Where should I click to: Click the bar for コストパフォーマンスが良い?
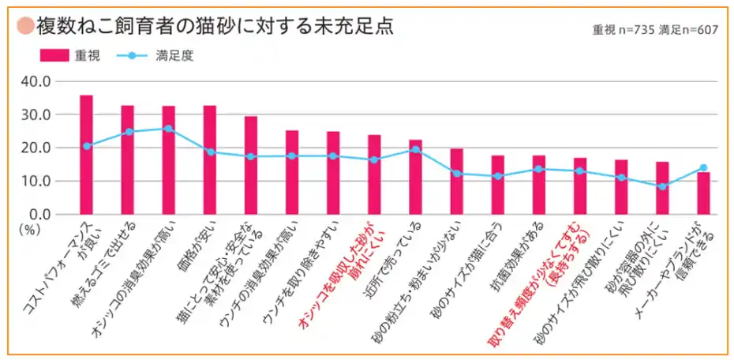pyautogui.click(x=86, y=155)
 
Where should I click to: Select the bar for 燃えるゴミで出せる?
pyautogui.click(x=127, y=159)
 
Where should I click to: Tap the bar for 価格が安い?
pyautogui.click(x=209, y=159)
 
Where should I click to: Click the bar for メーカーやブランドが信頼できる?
pyautogui.click(x=703, y=193)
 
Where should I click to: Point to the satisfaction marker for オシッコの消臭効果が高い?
pyautogui.click(x=168, y=128)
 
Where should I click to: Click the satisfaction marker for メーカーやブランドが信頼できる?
pyautogui.click(x=703, y=167)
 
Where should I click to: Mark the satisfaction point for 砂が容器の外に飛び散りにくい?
pyautogui.click(x=662, y=186)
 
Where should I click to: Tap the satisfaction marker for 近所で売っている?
pyautogui.click(x=415, y=149)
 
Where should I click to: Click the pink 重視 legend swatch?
pyautogui.click(x=54, y=56)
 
